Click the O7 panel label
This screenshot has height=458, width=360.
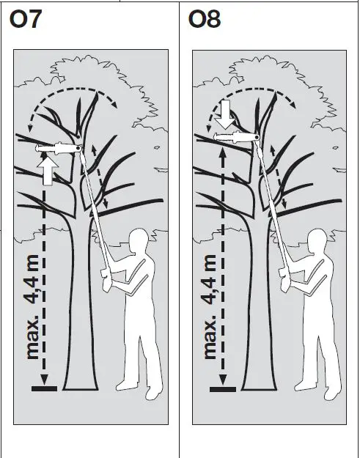pyautogui.click(x=26, y=21)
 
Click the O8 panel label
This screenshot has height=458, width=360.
pyautogui.click(x=205, y=21)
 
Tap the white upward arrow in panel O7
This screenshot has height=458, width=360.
pyautogui.click(x=48, y=174)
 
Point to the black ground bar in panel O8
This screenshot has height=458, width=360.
pyautogui.click(x=223, y=388)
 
